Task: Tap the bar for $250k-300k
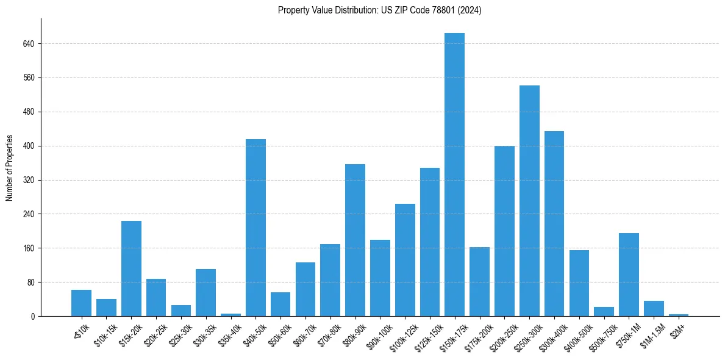click(529, 201)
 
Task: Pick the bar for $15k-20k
click(131, 268)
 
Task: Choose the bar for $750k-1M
click(629, 275)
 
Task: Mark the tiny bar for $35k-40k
click(230, 315)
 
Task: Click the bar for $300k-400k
click(554, 223)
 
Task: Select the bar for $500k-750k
click(604, 311)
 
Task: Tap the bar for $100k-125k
click(405, 260)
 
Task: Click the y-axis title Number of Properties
click(10, 168)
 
